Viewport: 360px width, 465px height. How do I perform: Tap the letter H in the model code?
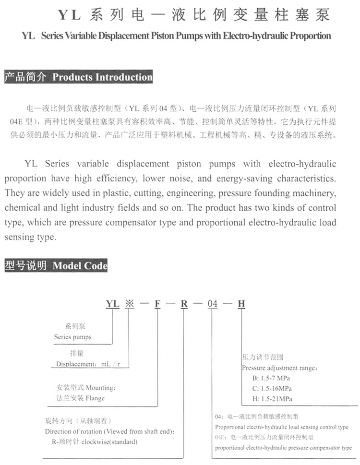241,303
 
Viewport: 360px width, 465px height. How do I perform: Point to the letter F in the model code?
157,303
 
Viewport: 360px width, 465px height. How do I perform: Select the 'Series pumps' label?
72,337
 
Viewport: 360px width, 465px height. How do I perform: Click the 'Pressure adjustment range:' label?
279,368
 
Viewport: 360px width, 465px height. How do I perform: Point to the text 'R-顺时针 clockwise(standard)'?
95,441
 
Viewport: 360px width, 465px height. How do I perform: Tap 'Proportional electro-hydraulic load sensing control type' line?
282,427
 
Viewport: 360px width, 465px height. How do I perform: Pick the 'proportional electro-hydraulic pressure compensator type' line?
283,448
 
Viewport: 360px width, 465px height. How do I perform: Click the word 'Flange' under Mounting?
94,398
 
